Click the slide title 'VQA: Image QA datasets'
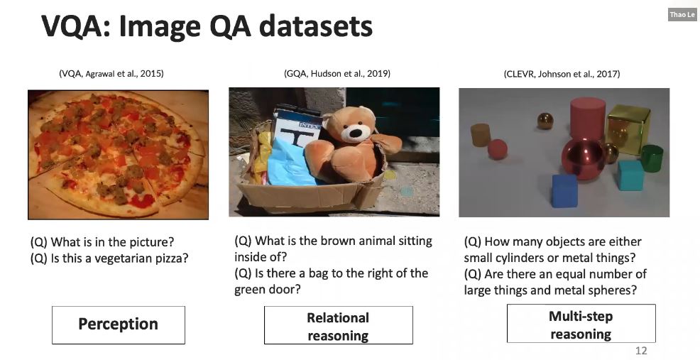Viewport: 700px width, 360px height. pyautogui.click(x=207, y=27)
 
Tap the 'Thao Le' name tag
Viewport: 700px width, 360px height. pyautogui.click(x=682, y=14)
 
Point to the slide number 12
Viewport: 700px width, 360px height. pyautogui.click(x=640, y=351)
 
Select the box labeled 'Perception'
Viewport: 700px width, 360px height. pyautogui.click(x=118, y=324)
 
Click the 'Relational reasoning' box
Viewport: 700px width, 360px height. pyautogui.click(x=338, y=326)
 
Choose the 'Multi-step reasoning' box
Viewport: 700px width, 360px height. pyautogui.click(x=580, y=324)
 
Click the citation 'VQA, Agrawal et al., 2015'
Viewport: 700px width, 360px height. pyautogui.click(x=111, y=73)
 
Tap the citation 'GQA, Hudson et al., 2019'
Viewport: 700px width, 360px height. pyautogui.click(x=337, y=73)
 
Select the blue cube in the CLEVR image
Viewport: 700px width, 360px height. pyautogui.click(x=564, y=190)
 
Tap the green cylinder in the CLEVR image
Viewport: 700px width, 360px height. pyautogui.click(x=651, y=158)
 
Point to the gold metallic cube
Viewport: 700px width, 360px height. pyautogui.click(x=628, y=128)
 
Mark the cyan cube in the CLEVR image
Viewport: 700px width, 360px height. pyautogui.click(x=630, y=175)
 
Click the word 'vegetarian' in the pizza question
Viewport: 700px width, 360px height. pyautogui.click(x=111, y=258)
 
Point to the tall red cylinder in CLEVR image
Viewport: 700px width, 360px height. pyautogui.click(x=587, y=118)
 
